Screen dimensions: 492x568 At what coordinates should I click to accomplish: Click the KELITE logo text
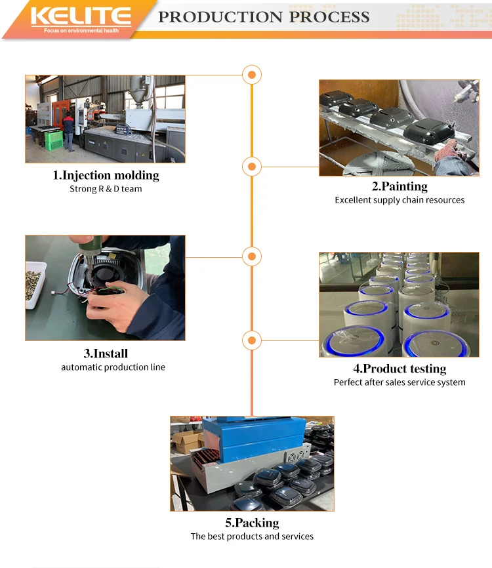click(x=81, y=16)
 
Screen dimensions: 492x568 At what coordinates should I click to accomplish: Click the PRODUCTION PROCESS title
click(x=264, y=17)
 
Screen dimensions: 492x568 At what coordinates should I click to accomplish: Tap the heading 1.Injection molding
click(x=106, y=175)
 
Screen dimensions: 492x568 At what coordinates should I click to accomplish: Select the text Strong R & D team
click(x=106, y=189)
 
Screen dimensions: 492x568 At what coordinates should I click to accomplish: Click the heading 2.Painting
click(x=400, y=186)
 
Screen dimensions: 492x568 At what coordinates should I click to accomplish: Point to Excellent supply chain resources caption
click(x=400, y=200)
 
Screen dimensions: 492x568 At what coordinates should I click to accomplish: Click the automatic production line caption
click(x=113, y=367)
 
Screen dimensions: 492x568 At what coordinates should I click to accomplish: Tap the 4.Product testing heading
click(x=400, y=369)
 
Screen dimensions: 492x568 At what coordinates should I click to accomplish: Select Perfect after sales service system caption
click(x=400, y=382)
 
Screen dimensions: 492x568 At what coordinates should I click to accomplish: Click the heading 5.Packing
click(x=252, y=522)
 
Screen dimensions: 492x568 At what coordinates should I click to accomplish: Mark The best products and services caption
click(x=252, y=537)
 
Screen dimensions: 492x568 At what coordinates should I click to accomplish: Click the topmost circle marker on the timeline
click(x=252, y=75)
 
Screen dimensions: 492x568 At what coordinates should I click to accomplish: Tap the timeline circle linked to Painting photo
click(x=252, y=167)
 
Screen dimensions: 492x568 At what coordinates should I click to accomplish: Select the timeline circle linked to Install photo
click(x=252, y=256)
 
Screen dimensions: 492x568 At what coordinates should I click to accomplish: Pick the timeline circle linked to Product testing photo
click(x=252, y=340)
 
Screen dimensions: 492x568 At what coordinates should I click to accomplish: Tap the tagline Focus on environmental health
click(x=81, y=31)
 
